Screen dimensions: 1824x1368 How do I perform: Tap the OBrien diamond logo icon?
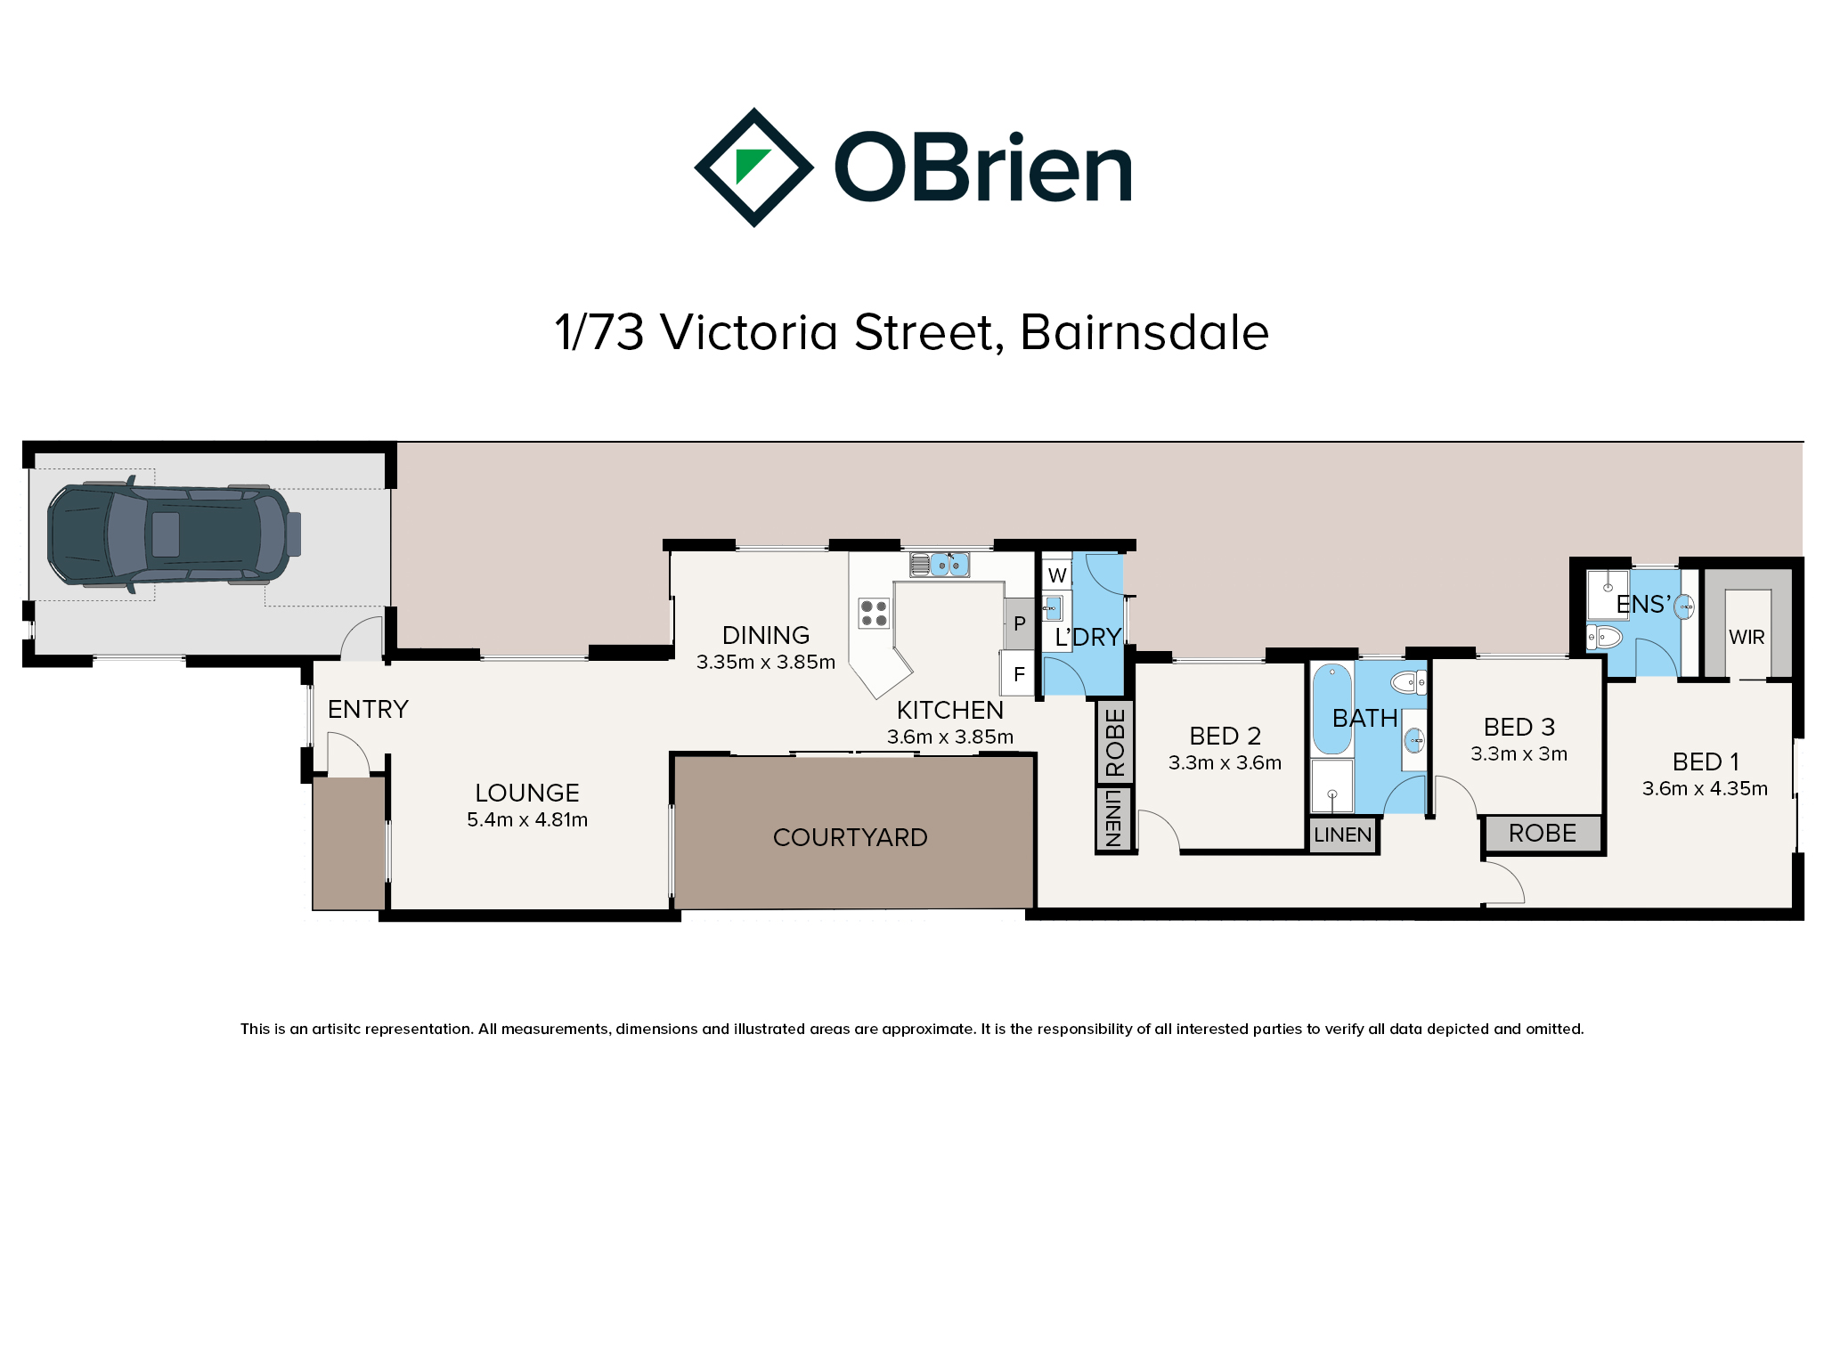click(753, 167)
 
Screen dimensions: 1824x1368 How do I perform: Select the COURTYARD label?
click(851, 837)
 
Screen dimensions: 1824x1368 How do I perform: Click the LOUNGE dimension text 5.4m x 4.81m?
click(527, 819)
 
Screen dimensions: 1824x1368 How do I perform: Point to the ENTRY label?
click(368, 709)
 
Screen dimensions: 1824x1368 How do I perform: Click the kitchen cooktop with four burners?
click(874, 613)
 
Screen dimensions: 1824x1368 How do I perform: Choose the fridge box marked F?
click(1019, 674)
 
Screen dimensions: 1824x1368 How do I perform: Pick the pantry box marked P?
click(1020, 623)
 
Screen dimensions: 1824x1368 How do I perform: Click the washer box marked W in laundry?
click(1057, 575)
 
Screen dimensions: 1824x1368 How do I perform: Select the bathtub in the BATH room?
click(1331, 709)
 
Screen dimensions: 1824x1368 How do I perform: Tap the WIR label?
click(1747, 638)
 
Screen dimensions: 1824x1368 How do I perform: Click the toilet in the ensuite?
click(1603, 637)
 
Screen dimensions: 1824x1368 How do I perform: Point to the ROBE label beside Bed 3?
click(1543, 834)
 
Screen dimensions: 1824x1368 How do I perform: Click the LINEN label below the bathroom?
click(1343, 835)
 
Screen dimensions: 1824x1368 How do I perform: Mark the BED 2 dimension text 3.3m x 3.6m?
click(1225, 762)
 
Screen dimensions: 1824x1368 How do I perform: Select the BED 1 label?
click(1706, 761)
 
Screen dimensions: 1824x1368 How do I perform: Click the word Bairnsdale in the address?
click(1144, 332)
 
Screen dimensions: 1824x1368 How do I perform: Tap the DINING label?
click(766, 635)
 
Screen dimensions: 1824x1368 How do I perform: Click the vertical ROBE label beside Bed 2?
click(1115, 743)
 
